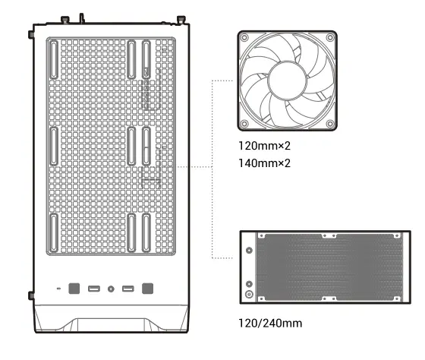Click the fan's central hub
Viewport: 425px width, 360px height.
[x=287, y=81]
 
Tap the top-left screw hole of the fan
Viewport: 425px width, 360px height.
[x=244, y=38]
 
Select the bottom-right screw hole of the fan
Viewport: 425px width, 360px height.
[x=329, y=123]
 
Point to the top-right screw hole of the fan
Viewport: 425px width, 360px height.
[x=329, y=38]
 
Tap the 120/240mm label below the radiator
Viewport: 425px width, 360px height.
[x=270, y=324]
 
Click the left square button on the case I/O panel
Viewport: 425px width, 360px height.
[x=74, y=289]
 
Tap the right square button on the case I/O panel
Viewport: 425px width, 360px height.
[x=147, y=289]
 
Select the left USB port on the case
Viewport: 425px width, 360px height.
[x=94, y=289]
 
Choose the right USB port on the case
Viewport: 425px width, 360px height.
[x=128, y=289]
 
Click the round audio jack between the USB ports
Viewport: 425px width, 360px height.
[x=112, y=289]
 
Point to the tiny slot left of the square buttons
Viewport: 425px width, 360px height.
[x=58, y=289]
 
